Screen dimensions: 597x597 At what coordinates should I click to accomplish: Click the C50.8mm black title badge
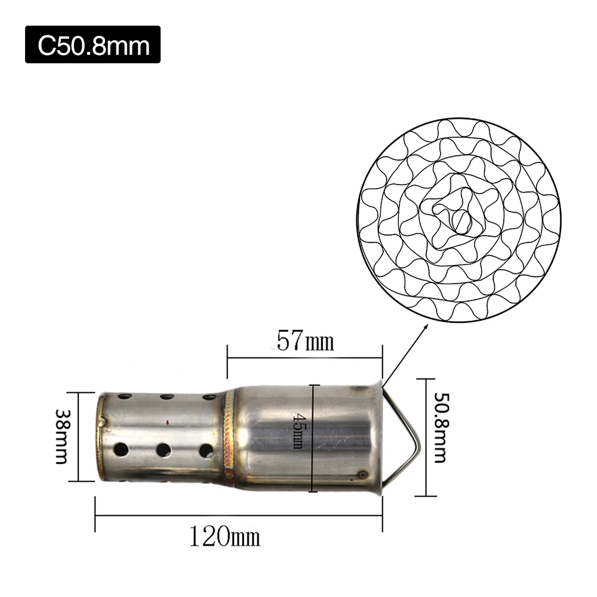[x=93, y=45]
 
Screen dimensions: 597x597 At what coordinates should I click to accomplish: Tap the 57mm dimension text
[x=305, y=341]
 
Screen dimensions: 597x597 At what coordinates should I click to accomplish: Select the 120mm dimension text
[x=224, y=536]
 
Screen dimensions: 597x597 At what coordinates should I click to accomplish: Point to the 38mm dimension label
[x=61, y=437]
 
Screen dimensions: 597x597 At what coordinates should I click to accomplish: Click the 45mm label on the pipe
[x=297, y=431]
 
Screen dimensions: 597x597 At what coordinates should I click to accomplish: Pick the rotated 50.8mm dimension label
[x=441, y=427]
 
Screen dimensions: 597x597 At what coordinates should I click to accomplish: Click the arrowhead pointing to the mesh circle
[x=425, y=327]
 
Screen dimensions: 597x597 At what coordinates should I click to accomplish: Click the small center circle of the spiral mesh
[x=462, y=221]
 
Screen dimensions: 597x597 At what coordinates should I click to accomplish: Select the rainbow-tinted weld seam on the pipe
[x=229, y=436]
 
